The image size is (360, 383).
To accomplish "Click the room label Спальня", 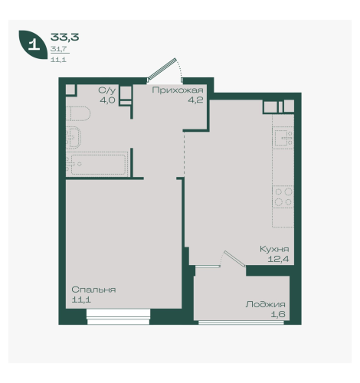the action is pos(93,290).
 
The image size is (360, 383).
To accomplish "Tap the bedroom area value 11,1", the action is pos(81,300).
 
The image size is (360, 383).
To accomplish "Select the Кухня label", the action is pos(274,249).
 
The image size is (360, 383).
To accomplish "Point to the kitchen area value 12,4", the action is pos(278,259).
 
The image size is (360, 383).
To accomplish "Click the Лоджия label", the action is pos(266,304).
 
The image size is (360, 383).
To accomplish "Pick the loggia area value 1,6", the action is pos(278,314).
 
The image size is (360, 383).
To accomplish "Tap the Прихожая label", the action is pos(178,90).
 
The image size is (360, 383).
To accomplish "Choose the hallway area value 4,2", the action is pos(195,100).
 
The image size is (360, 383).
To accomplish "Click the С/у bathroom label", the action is pos(107,90).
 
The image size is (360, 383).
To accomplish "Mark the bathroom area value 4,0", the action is pos(107,100).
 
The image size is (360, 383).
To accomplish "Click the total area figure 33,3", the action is pos(64,38).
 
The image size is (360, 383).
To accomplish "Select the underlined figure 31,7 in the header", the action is pos(58,48).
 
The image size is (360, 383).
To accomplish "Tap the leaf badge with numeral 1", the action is pos(33,44).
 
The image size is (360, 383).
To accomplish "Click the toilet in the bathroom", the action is pos(78,113).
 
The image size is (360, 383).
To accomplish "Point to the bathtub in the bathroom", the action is pos(97,164).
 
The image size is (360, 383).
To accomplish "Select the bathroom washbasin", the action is pos(74,137).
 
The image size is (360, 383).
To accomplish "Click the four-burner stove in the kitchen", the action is pos(283,197).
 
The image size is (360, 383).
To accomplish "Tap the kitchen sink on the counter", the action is pos(283,138).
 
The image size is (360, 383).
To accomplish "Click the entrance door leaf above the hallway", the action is pos(162,68).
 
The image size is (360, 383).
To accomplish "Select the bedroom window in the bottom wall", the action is pos(118,316).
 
